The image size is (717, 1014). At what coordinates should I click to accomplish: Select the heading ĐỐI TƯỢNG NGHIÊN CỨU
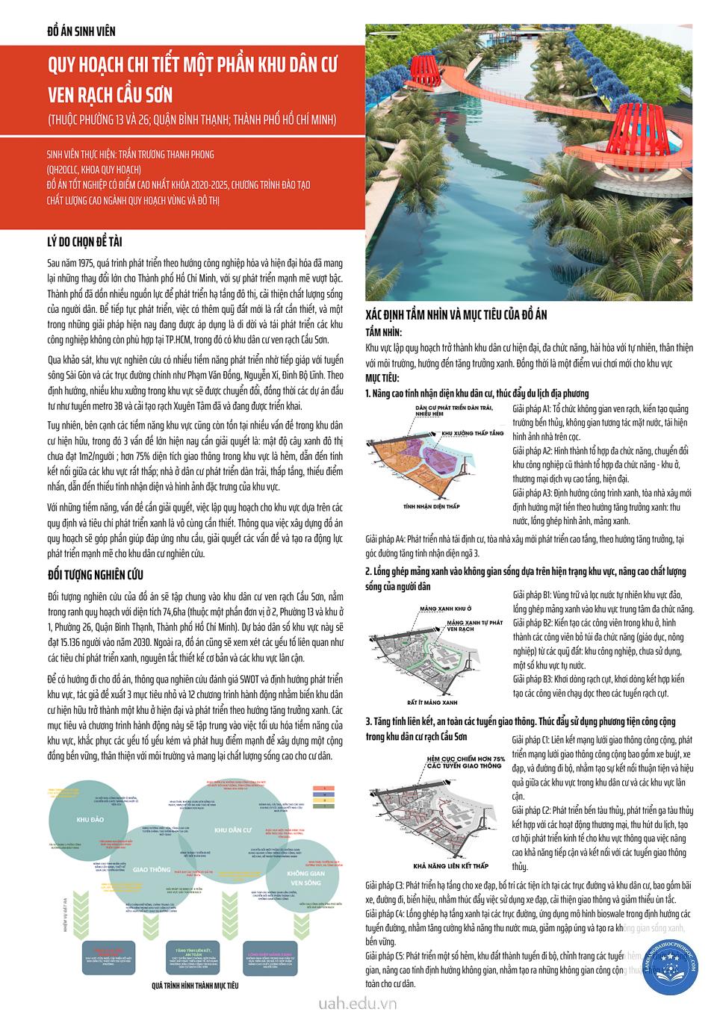94,574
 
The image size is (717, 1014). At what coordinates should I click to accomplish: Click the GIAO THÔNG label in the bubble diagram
152,870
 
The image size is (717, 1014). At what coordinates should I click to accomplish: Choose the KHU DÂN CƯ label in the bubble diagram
231,830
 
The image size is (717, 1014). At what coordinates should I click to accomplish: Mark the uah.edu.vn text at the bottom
357,1003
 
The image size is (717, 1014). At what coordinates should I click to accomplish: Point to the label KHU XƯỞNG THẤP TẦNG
478,433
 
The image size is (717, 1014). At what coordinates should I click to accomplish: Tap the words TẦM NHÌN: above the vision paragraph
384,332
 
